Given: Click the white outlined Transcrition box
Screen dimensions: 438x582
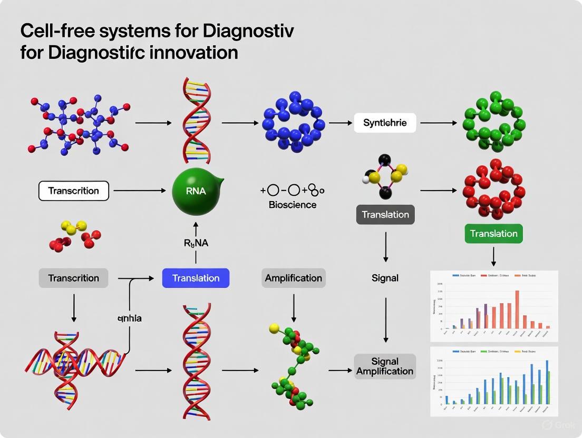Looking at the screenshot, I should [74, 191].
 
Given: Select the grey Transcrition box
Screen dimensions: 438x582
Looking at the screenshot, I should [73, 277].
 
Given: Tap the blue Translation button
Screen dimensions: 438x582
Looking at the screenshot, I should [196, 277].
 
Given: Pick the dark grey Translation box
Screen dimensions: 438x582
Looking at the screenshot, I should [385, 215].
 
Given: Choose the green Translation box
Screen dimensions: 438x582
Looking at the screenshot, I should [493, 233].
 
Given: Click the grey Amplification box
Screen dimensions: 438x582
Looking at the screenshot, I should [294, 277].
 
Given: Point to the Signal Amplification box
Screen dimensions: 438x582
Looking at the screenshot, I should [385, 366].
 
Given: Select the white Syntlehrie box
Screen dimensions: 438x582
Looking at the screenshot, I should [385, 123].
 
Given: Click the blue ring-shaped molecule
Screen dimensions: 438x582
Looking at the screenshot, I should [294, 122].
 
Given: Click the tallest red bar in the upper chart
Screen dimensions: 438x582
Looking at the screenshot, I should [517, 309].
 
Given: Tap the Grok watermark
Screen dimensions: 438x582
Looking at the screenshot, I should [554, 425].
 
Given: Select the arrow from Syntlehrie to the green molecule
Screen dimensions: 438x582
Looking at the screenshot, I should [439, 123].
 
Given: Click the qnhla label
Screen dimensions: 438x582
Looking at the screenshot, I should [129, 318].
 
